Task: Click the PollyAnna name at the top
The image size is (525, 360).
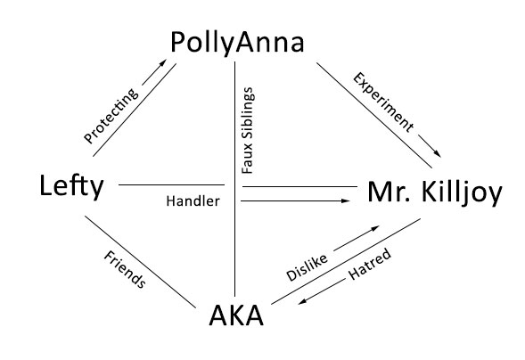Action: (237, 43)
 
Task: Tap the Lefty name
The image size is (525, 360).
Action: (71, 186)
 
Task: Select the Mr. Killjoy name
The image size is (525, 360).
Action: (435, 193)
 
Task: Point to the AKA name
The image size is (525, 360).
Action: (236, 315)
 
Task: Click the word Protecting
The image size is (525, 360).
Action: (111, 116)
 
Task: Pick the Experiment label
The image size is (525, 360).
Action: (383, 102)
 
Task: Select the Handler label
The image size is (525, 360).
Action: (193, 201)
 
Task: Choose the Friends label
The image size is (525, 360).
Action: (125, 269)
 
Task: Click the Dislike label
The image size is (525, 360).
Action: (307, 267)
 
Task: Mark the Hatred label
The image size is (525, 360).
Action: (370, 264)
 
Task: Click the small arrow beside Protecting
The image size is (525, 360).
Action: (154, 72)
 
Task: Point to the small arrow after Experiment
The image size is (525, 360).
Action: (430, 146)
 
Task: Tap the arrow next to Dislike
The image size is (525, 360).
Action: (357, 238)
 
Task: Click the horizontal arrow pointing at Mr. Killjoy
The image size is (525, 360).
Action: (295, 200)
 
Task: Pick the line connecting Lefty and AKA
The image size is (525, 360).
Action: (140, 262)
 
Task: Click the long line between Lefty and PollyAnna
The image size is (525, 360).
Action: (135, 110)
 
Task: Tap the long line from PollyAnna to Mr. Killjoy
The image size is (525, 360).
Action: (374, 115)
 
